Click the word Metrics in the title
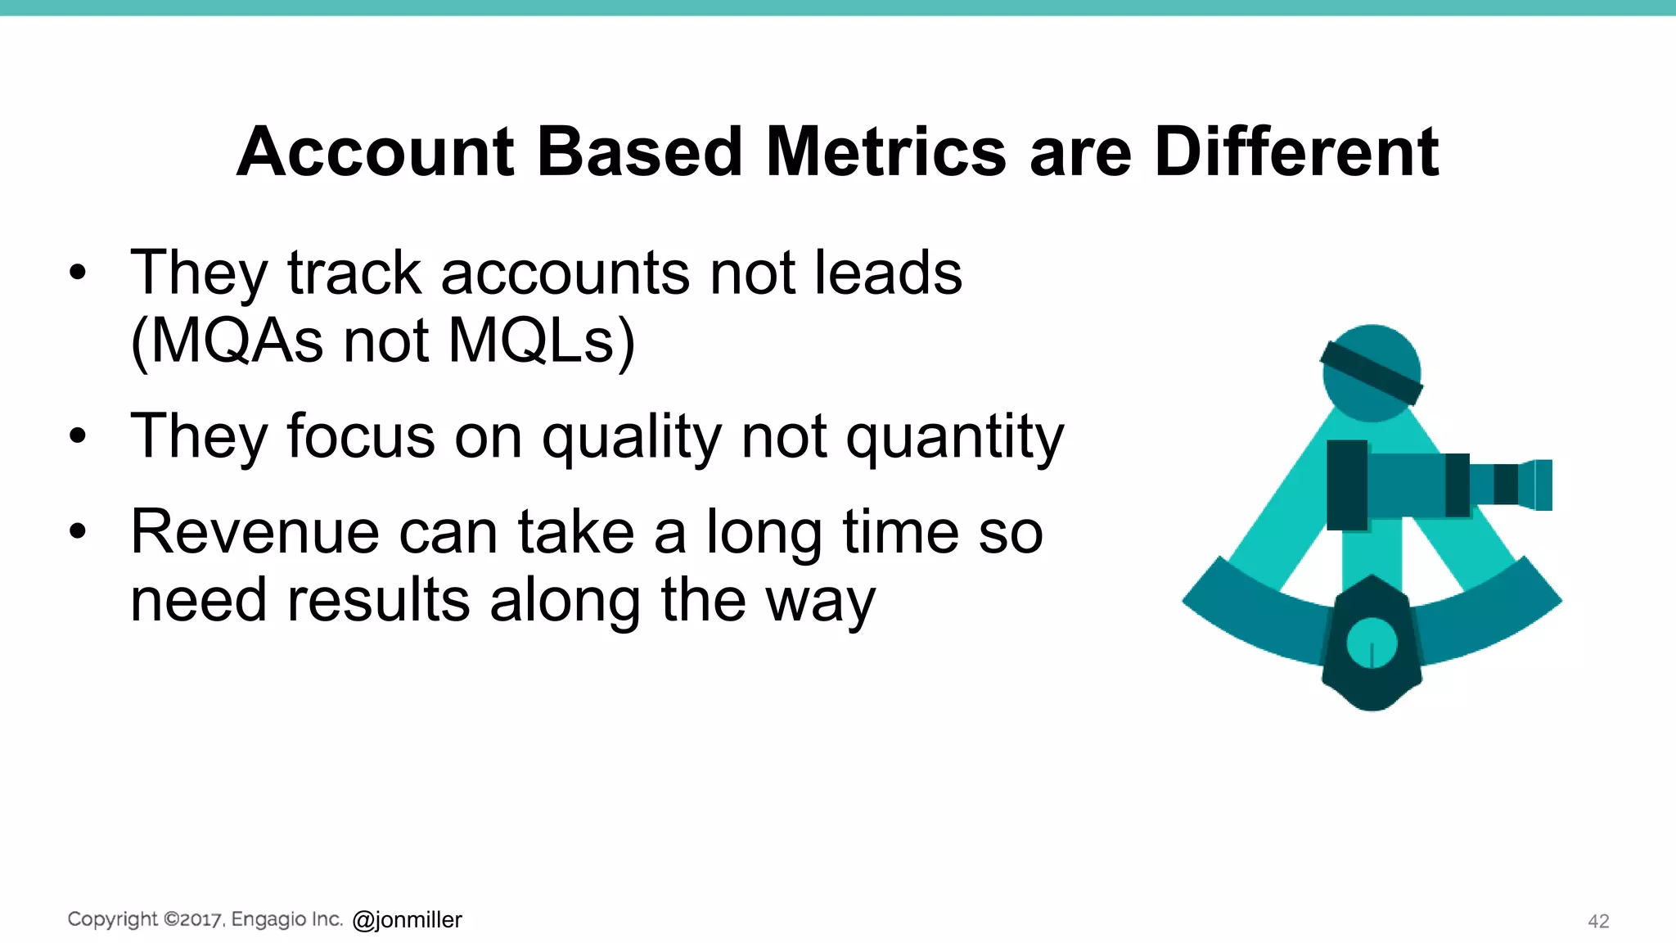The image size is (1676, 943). pos(885,152)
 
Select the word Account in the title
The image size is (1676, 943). pos(376,152)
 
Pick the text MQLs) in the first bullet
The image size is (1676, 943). pos(542,341)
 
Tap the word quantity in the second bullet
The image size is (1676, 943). pos(954,437)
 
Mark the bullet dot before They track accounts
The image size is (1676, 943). pos(78,273)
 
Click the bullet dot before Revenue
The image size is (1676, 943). pos(78,532)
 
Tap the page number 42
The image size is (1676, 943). pos(1598,921)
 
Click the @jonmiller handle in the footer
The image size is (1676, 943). pos(407,920)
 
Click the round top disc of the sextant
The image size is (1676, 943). pos(1372,373)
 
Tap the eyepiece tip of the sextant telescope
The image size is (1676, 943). pos(1542,485)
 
